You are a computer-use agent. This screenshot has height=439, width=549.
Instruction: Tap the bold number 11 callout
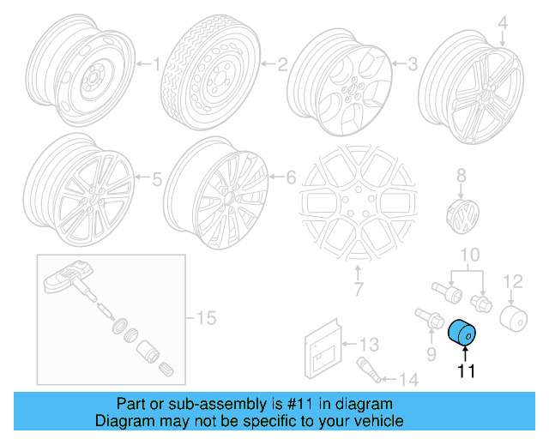(466, 371)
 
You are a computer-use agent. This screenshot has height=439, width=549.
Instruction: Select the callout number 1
(156, 63)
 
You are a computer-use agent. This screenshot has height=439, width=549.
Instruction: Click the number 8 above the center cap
(461, 176)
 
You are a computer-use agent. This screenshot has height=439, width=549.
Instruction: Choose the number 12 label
(511, 280)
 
